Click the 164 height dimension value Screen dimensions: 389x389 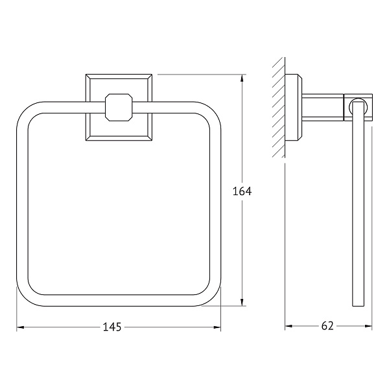pos(242,191)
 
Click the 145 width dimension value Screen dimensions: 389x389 pos(112,327)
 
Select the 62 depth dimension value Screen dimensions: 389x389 pos(327,326)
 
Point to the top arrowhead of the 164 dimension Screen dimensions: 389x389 pos(242,78)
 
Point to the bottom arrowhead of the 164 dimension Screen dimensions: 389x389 pos(242,302)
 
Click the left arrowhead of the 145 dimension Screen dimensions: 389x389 pos(20,327)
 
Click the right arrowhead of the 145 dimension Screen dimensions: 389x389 pos(217,327)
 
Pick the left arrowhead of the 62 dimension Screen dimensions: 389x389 pos(289,326)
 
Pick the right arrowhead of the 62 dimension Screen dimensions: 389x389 pos(368,326)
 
